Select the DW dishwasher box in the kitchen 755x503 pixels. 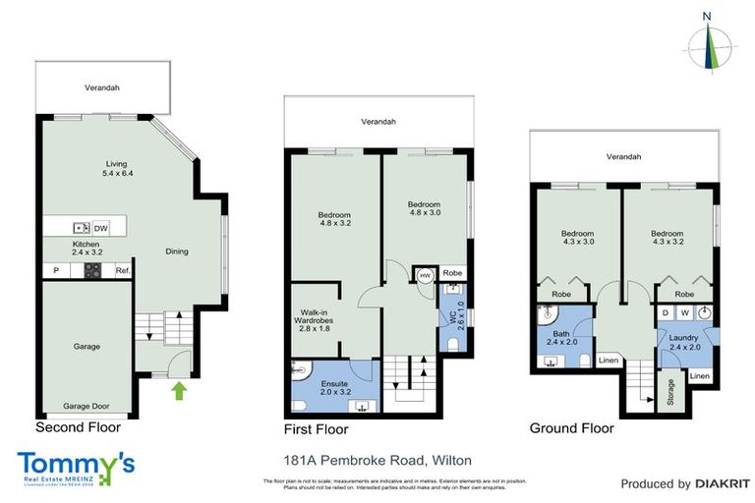101,228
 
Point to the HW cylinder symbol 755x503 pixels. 424,276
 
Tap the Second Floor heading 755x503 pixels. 78,427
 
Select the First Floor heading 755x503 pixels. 316,429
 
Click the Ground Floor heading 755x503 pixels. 571,428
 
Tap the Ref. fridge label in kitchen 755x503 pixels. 123,270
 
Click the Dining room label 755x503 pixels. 176,251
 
